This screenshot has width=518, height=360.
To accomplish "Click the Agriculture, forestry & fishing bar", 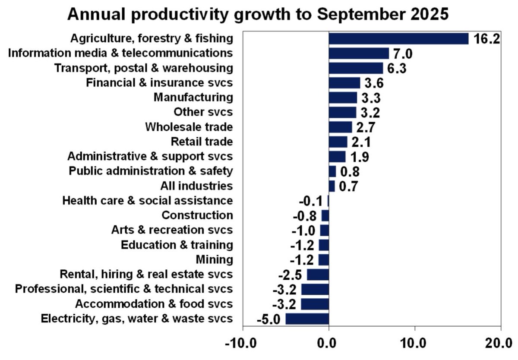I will (x=398, y=38).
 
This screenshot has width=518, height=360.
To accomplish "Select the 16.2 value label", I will (x=486, y=39).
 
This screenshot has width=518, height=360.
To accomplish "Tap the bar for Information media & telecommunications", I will (x=359, y=54).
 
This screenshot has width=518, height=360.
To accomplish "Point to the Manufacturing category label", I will (x=193, y=98).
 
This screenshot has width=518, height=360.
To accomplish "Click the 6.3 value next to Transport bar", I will (x=397, y=69).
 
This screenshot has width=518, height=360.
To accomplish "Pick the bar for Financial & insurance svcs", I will (x=344, y=83).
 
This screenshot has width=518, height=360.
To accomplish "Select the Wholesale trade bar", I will (x=340, y=127).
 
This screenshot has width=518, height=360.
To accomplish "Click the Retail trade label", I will (x=202, y=142).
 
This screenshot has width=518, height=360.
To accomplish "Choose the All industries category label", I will (x=196, y=186).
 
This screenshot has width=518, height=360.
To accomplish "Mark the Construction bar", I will (x=325, y=215).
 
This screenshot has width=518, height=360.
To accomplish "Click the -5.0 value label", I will (x=268, y=319).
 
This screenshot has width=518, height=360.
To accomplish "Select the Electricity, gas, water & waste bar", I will (x=307, y=319).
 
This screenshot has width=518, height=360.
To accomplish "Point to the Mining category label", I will (x=214, y=260).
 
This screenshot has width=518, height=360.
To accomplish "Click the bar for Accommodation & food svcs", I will (x=315, y=304).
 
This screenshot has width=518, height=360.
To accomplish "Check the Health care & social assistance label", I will (x=148, y=201).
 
